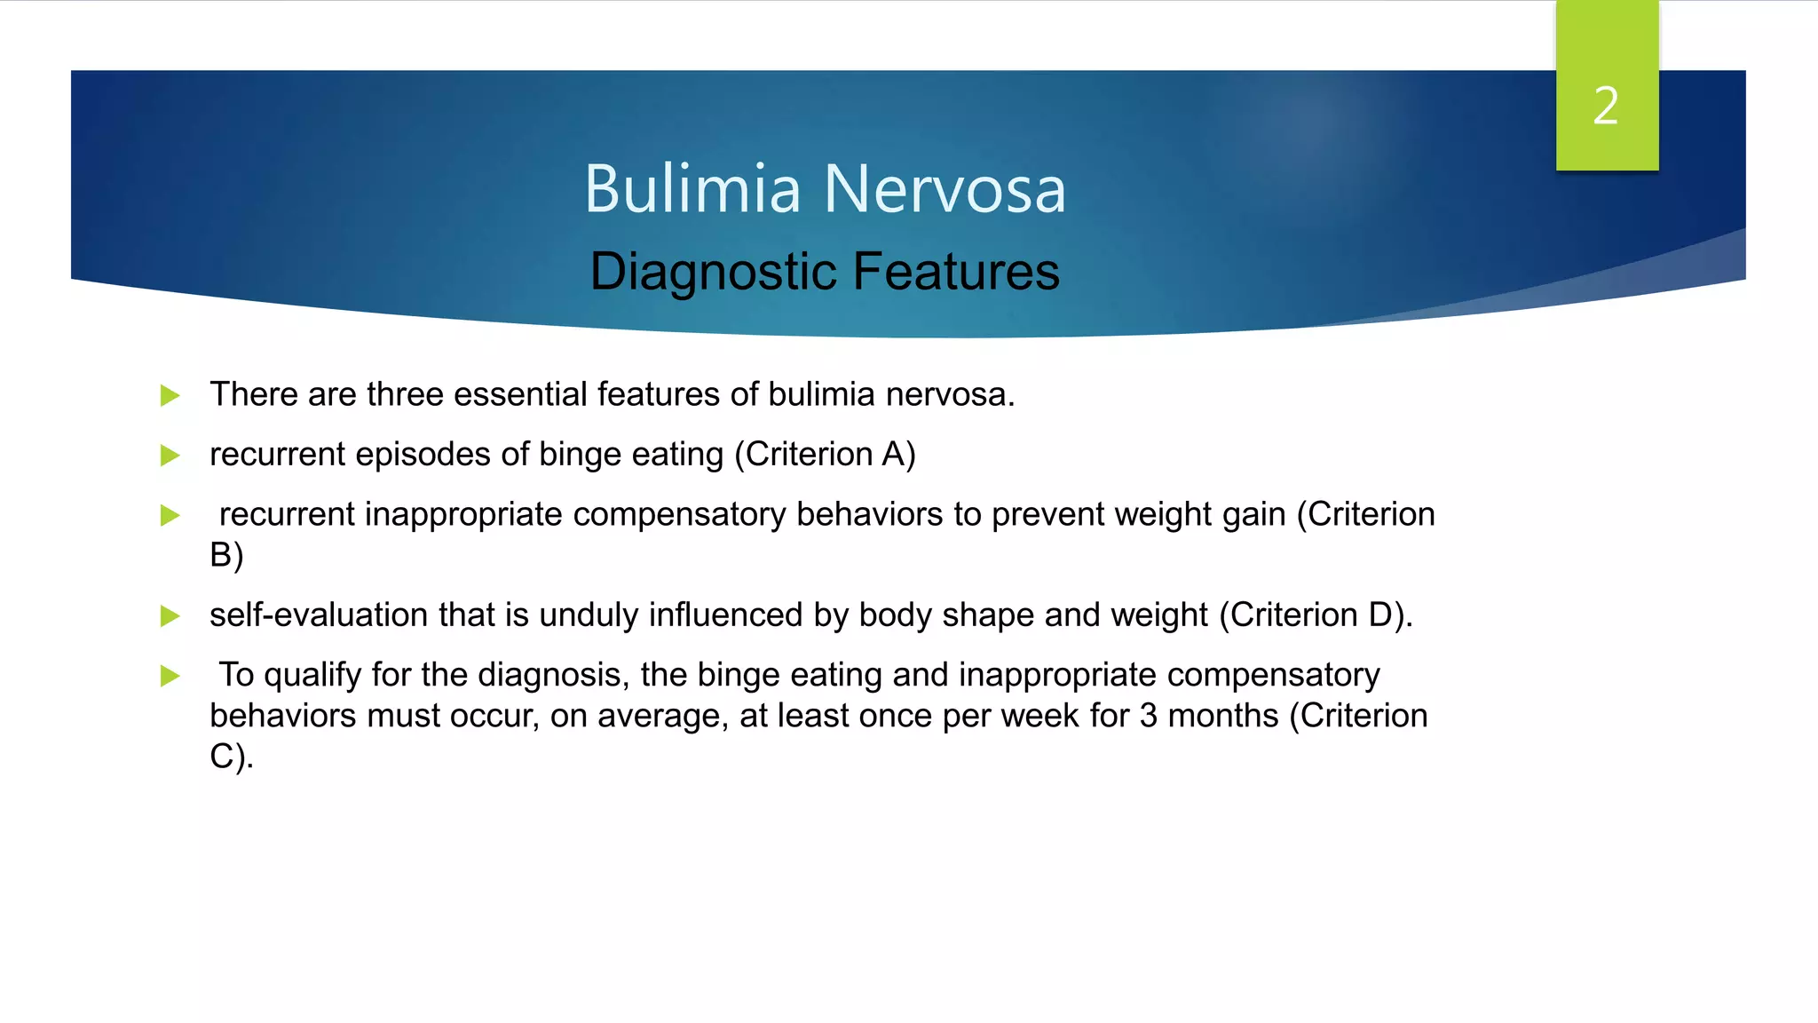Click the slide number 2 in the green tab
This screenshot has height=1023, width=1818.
click(1605, 107)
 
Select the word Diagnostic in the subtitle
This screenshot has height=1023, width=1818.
click(715, 272)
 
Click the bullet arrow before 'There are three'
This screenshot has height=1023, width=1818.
click(170, 395)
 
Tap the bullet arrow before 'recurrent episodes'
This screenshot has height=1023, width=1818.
click(170, 456)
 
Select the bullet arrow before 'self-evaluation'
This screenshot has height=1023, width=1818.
click(170, 616)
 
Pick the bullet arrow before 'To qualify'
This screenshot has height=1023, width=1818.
click(170, 676)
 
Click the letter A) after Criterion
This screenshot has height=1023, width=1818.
click(898, 454)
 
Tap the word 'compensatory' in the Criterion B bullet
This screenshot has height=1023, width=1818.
click(679, 515)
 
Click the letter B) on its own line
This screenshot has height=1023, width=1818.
click(226, 555)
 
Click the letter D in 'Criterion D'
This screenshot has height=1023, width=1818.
click(1380, 615)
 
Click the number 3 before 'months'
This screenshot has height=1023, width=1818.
click(1148, 716)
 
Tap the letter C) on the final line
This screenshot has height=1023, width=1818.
click(231, 756)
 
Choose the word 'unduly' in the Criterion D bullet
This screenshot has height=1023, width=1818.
click(589, 615)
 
